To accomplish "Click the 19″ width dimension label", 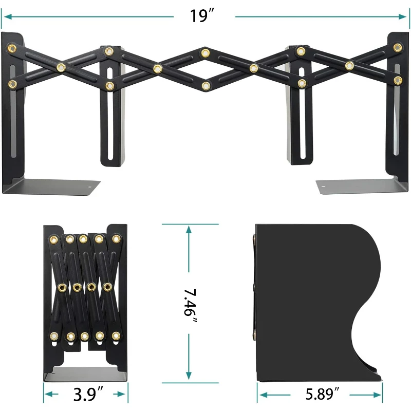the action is click(202, 16).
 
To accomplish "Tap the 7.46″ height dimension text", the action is click(190, 304).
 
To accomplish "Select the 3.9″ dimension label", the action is click(88, 394).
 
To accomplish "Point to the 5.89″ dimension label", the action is click(323, 394).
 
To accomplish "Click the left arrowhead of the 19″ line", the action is click(8, 17).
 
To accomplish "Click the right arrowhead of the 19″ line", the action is click(403, 17).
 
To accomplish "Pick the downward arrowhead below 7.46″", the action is click(189, 375).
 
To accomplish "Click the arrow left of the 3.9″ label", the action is click(51, 394).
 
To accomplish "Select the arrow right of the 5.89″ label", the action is click(366, 395).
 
